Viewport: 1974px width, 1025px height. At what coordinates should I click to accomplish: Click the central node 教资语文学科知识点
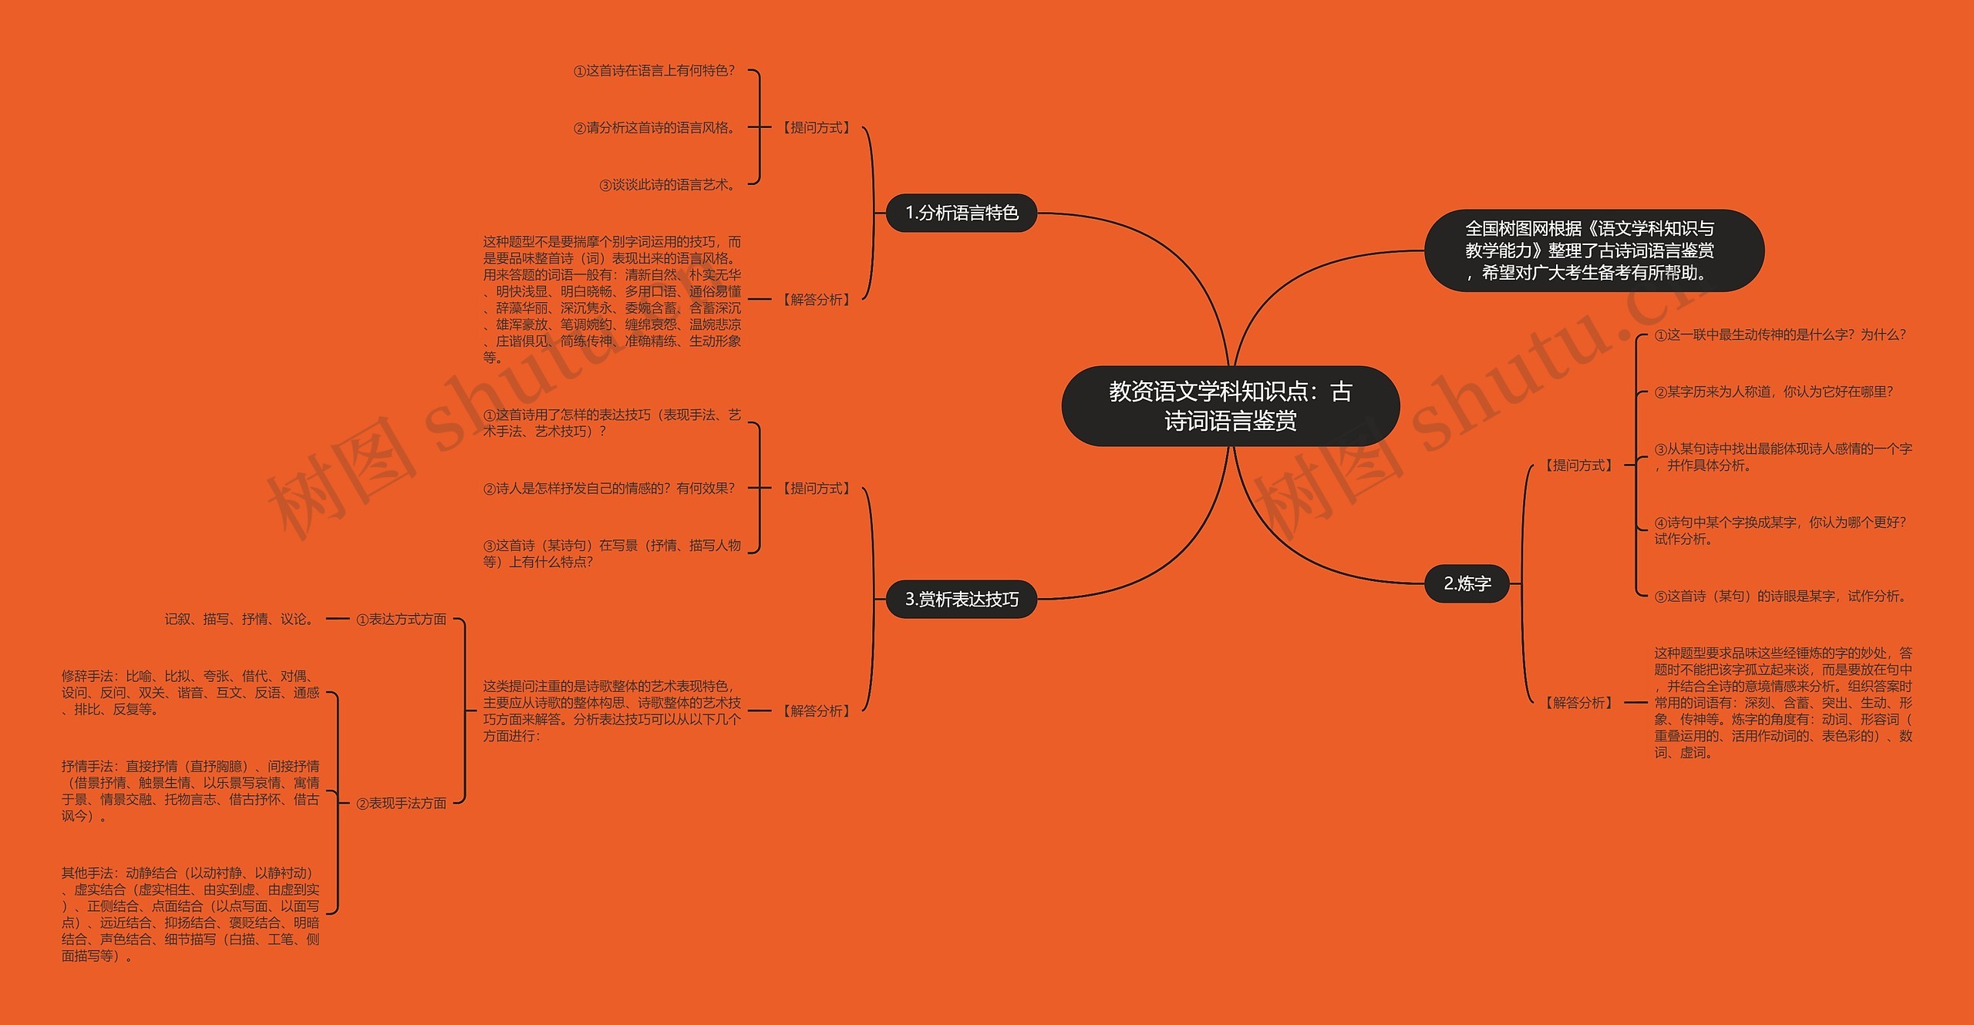(1230, 406)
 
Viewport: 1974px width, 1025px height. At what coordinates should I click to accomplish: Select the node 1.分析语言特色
(961, 213)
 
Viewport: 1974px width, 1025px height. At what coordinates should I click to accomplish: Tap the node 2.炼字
(1467, 583)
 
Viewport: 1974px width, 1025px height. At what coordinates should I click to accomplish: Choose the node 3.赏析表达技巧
(961, 599)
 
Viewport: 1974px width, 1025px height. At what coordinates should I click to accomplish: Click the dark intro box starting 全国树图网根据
(1593, 250)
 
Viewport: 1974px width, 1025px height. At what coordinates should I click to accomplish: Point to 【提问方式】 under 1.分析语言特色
(817, 127)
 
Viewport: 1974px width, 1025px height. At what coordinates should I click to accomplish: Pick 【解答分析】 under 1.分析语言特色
(817, 299)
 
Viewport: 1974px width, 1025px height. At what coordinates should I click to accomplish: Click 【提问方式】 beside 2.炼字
(1578, 465)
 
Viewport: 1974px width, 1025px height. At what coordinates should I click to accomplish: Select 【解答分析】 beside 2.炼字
(1578, 702)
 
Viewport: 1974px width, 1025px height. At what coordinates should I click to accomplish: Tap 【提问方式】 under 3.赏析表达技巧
(817, 488)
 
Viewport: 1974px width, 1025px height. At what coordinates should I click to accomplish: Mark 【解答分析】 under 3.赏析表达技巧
(817, 711)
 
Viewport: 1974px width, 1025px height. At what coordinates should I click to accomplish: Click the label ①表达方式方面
(401, 619)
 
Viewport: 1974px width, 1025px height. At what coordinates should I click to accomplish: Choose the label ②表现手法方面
(401, 803)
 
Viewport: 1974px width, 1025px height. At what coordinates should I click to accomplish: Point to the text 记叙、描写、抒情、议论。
(241, 619)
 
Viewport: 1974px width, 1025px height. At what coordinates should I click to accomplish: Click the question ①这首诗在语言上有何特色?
(654, 71)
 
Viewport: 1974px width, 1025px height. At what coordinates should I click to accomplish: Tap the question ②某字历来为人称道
(1774, 392)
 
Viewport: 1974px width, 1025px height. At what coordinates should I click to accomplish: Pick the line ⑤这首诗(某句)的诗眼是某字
(1781, 596)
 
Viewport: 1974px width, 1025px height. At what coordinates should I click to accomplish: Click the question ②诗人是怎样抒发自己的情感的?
(609, 488)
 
